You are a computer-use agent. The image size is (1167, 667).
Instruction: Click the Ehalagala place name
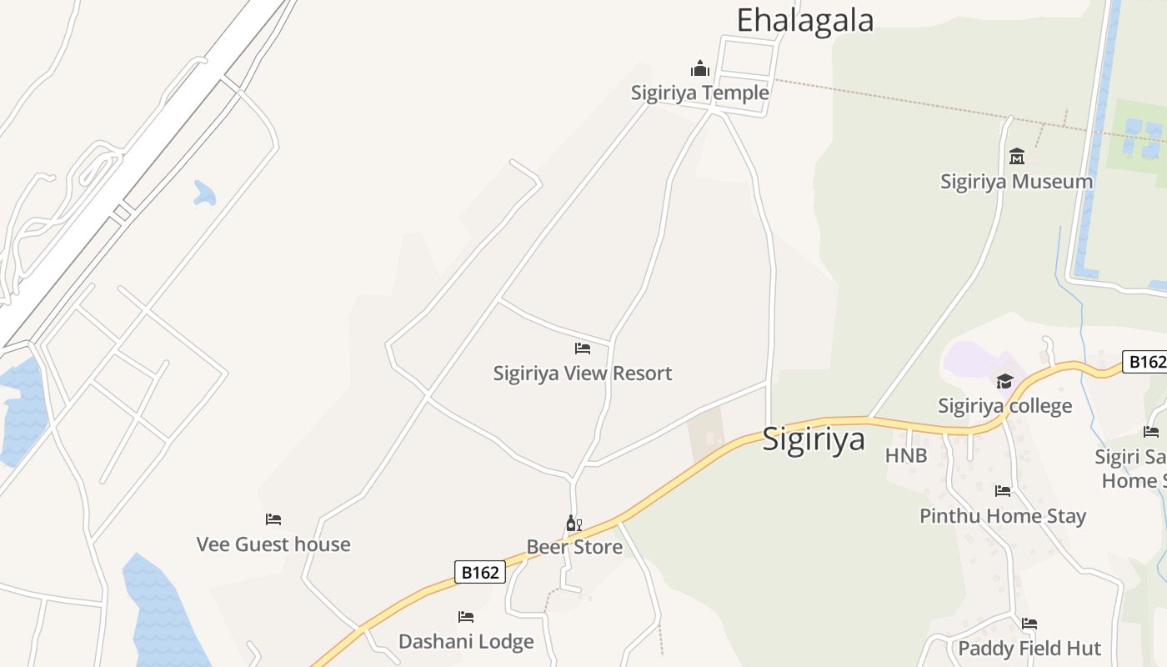tap(804, 21)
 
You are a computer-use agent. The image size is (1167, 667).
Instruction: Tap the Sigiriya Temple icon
tap(700, 68)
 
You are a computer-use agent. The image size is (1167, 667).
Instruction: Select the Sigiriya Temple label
tap(700, 93)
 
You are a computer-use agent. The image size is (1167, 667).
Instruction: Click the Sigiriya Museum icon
tap(1017, 156)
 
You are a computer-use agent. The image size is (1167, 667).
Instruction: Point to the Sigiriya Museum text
tap(1017, 181)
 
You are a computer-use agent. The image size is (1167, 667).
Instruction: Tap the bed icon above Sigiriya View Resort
tap(583, 348)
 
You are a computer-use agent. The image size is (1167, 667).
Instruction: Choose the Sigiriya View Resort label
tap(583, 373)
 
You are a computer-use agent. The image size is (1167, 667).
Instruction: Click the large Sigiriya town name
tap(814, 439)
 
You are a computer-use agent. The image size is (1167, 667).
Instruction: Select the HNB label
tap(906, 455)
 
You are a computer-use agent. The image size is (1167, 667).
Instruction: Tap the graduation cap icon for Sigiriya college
tap(1004, 381)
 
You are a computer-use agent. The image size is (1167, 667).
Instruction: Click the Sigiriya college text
tap(1005, 406)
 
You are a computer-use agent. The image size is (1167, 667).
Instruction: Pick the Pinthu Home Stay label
tap(1003, 516)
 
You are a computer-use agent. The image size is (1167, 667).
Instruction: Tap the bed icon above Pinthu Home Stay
tap(1003, 491)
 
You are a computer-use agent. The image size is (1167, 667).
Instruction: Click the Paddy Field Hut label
tap(1029, 648)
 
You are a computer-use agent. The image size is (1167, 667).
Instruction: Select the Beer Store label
tap(574, 547)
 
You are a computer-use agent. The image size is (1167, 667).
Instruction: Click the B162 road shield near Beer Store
tap(481, 572)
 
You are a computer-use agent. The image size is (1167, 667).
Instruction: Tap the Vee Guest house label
tap(273, 544)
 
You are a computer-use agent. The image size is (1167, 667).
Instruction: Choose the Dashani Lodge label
tap(466, 641)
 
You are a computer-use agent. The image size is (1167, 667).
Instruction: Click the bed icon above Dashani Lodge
tap(466, 617)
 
